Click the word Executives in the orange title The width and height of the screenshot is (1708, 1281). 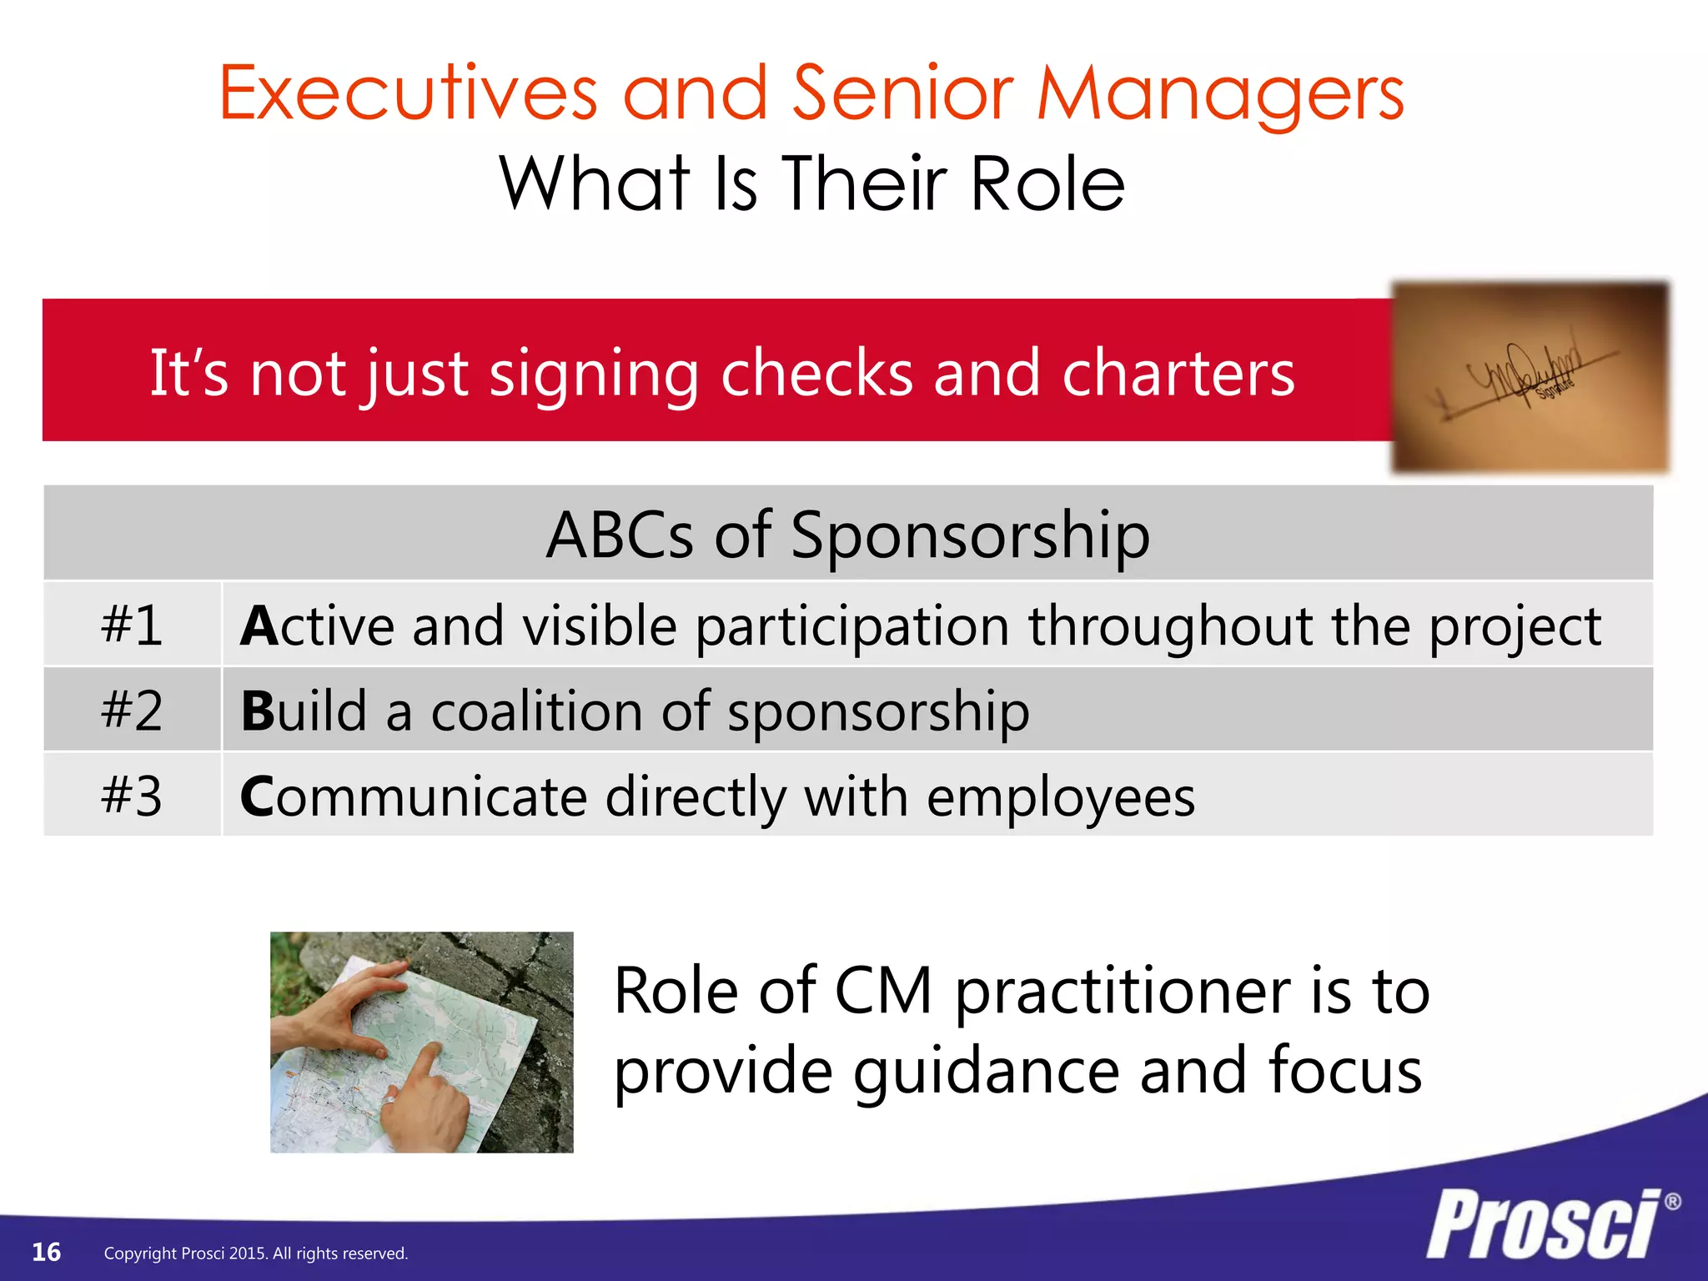coord(409,93)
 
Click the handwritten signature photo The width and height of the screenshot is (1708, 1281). coord(1530,377)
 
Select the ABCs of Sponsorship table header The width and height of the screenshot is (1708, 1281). coord(847,534)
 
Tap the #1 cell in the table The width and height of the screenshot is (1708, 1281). coord(132,625)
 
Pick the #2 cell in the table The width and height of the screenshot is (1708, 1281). coord(132,711)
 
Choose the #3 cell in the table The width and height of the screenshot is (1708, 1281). coord(132,796)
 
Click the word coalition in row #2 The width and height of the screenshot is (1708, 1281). coord(536,711)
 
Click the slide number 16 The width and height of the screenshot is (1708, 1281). coord(47,1252)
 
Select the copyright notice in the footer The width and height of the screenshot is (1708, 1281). coord(256,1253)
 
